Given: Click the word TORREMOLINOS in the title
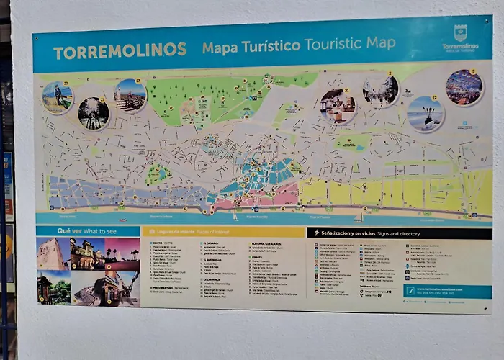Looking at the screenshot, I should tap(120, 52).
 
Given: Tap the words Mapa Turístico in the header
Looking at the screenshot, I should tap(251, 47).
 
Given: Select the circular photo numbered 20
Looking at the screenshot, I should tap(57, 97).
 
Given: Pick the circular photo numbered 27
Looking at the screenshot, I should tap(94, 113).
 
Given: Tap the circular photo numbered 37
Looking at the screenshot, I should tap(130, 95).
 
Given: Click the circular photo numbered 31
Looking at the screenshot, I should tap(338, 106).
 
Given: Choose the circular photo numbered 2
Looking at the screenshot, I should tap(381, 91).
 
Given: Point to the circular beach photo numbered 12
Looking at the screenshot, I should tap(426, 114).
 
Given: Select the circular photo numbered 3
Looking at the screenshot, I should tap(464, 87).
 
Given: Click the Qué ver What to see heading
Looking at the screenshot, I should tap(88, 231).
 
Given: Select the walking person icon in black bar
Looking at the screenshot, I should tap(316, 233).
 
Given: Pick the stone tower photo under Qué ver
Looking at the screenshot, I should tap(53, 253).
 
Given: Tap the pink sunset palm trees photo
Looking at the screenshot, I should tap(122, 253).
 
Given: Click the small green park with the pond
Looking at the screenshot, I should tap(158, 174).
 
